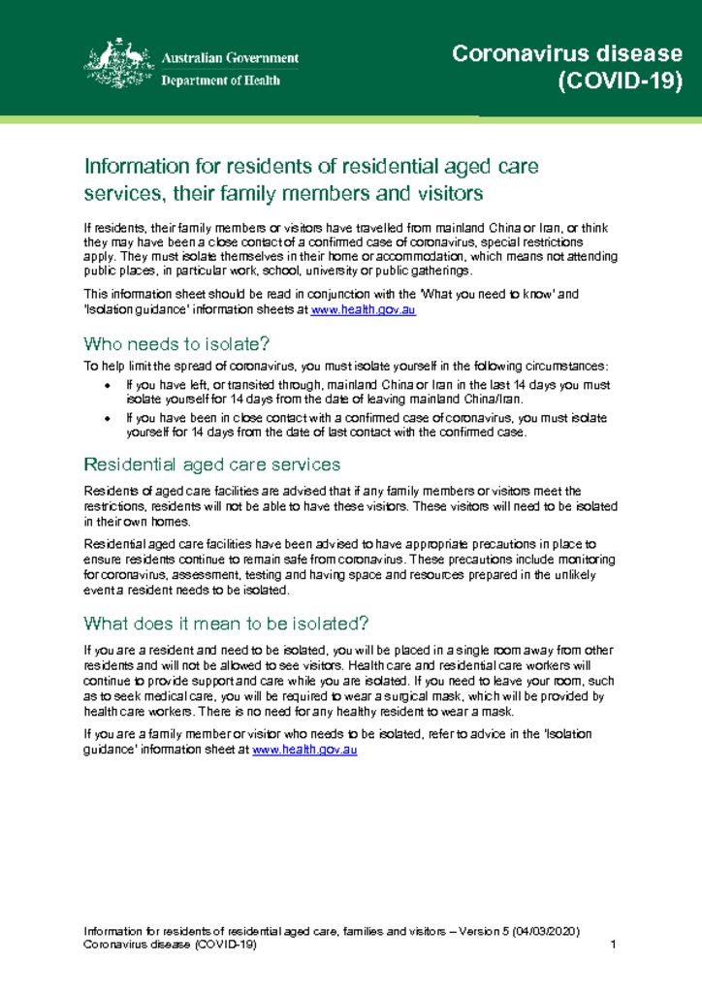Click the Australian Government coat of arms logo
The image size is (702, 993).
(x=114, y=64)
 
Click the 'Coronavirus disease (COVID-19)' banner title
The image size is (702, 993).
(x=567, y=67)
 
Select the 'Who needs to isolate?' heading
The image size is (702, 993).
(x=176, y=342)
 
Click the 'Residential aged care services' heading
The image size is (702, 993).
(x=212, y=464)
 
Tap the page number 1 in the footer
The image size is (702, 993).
(x=615, y=945)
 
